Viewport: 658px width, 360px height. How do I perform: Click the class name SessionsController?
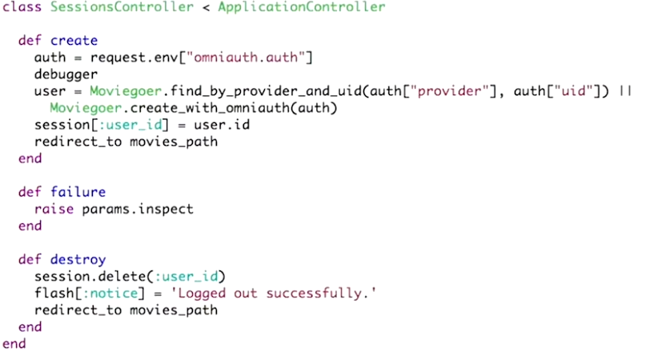pyautogui.click(x=122, y=7)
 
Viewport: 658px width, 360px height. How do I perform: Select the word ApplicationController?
pyautogui.click(x=301, y=7)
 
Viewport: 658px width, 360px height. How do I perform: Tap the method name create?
pyautogui.click(x=74, y=41)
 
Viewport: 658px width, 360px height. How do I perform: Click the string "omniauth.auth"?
pyautogui.click(x=246, y=57)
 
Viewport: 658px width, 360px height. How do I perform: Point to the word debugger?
pyautogui.click(x=66, y=74)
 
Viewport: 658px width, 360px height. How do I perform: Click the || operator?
pyautogui.click(x=625, y=91)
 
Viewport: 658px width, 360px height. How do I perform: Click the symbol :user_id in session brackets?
pyautogui.click(x=130, y=125)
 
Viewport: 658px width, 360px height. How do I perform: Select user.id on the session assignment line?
pyautogui.click(x=222, y=125)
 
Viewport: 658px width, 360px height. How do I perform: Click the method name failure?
pyautogui.click(x=78, y=192)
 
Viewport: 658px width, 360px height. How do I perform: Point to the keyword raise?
pyautogui.click(x=54, y=209)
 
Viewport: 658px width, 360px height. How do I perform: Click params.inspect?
pyautogui.click(x=138, y=209)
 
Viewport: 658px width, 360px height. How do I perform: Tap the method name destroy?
pyautogui.click(x=78, y=260)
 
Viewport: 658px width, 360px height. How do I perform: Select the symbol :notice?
pyautogui.click(x=110, y=293)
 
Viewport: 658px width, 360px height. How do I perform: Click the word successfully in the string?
pyautogui.click(x=314, y=294)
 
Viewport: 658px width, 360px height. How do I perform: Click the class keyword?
pyautogui.click(x=22, y=7)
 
